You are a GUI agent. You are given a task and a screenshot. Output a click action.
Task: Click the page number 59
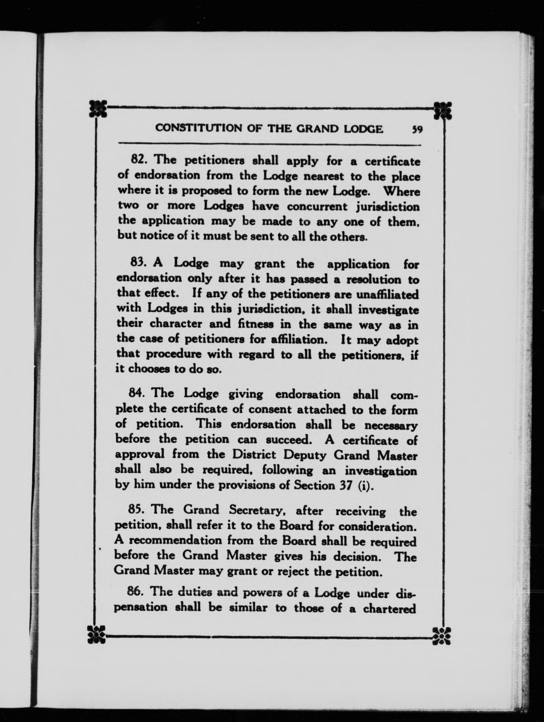[x=417, y=130]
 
